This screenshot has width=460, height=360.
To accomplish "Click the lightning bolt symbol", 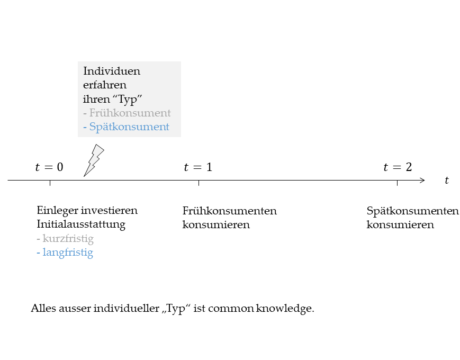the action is click(94, 161).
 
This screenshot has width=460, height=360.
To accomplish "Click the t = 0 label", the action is click(49, 167).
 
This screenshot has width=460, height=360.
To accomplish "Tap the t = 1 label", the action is click(198, 167).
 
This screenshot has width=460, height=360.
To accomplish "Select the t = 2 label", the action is click(398, 167).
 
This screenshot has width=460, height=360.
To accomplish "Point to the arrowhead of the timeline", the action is click(423, 181).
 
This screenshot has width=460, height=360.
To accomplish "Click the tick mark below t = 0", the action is click(50, 183).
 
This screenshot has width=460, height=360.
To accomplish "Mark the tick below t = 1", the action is click(199, 183).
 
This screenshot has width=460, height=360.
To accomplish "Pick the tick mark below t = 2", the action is click(397, 183).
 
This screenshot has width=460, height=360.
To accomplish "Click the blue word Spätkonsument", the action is click(129, 127).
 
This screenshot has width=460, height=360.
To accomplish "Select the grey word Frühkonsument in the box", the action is click(130, 113).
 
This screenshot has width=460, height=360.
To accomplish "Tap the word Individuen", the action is click(112, 71).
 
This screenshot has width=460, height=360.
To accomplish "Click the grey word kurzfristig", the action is click(68, 239).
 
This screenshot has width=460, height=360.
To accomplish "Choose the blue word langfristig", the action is click(68, 253).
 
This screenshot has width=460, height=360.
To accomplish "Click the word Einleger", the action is click(58, 211).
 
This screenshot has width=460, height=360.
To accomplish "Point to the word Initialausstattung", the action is click(81, 224).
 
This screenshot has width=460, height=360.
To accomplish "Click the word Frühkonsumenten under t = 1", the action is click(229, 211).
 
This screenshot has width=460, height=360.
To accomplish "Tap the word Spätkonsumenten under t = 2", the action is click(412, 211).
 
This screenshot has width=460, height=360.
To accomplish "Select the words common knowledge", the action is click(260, 309).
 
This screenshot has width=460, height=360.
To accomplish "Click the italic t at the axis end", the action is click(447, 180).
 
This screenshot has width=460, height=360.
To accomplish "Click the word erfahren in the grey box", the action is click(105, 85).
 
